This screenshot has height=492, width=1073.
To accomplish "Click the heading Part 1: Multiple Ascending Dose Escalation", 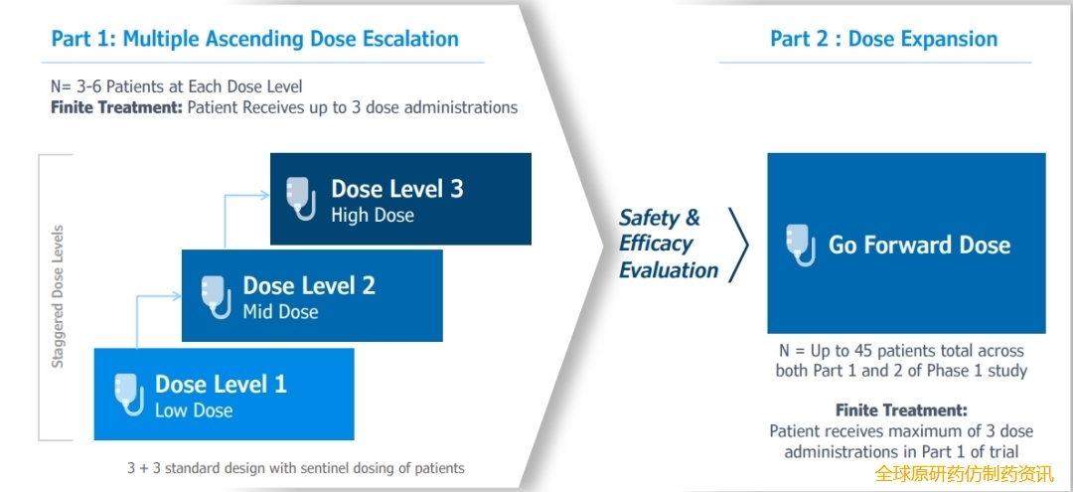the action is (x=255, y=39).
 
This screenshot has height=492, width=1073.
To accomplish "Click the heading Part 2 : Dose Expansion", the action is (x=883, y=39).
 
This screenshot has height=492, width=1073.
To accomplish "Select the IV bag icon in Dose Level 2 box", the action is (x=217, y=296).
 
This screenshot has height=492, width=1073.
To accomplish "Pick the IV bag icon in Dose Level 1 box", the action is (x=128, y=394).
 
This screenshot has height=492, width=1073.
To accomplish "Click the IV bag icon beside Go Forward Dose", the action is (x=801, y=245).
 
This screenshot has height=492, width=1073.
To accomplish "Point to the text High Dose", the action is (x=373, y=216).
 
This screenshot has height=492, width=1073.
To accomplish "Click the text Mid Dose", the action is (x=280, y=312).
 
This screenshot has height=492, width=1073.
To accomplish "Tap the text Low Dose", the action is (x=194, y=410).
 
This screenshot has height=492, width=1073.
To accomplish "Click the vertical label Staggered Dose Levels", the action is (x=59, y=295).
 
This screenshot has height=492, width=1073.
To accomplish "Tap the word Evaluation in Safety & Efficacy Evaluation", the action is (x=669, y=270).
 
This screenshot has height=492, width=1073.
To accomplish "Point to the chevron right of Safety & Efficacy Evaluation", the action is (x=738, y=245).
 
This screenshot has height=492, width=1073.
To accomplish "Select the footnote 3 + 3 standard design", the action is (x=296, y=469).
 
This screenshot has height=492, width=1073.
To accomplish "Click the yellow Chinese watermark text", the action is (x=965, y=473).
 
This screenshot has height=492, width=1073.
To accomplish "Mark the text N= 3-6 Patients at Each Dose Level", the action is (x=177, y=86).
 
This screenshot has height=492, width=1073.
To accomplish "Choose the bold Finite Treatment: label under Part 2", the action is (x=901, y=410).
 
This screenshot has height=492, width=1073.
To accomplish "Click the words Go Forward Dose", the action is (x=919, y=245).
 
